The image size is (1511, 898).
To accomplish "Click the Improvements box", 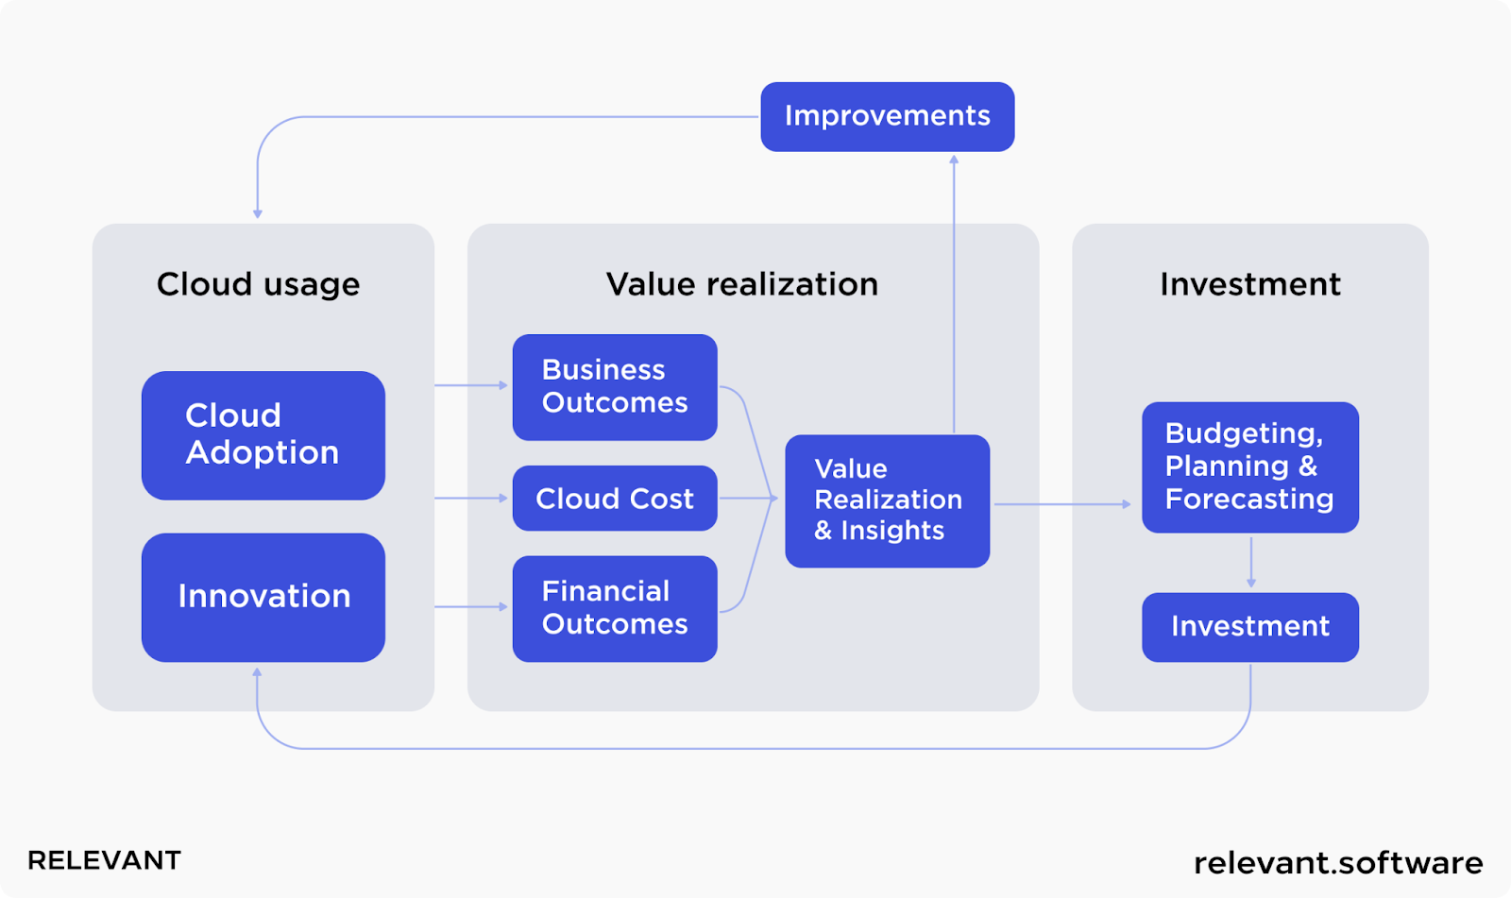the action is pyautogui.click(x=887, y=117).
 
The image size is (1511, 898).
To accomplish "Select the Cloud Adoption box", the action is pyautogui.click(x=263, y=435).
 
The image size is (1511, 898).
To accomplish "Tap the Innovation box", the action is pyautogui.click(x=263, y=597).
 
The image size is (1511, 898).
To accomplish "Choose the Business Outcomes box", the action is pyautogui.click(x=615, y=387).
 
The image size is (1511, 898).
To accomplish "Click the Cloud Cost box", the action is pyautogui.click(x=615, y=498).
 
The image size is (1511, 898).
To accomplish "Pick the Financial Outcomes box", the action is pyautogui.click(x=615, y=608).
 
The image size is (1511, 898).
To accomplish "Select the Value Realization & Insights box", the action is pyautogui.click(x=887, y=500).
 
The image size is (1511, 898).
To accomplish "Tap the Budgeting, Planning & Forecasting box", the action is pyautogui.click(x=1250, y=466).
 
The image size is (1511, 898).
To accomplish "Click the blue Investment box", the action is pyautogui.click(x=1250, y=627).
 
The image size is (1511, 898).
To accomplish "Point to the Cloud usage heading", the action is pyautogui.click(x=259, y=284).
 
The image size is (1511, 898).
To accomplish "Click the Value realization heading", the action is pyautogui.click(x=742, y=284).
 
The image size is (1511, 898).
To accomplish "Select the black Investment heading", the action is pyautogui.click(x=1250, y=284).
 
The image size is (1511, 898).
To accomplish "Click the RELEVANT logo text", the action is pyautogui.click(x=104, y=860).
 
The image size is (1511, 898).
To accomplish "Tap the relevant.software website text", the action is pyautogui.click(x=1338, y=863).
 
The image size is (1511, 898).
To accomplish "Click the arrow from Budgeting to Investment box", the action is pyautogui.click(x=1251, y=562).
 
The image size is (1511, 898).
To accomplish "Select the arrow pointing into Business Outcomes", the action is pyautogui.click(x=471, y=385).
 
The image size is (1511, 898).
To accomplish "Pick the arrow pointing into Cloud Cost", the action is pyautogui.click(x=471, y=498).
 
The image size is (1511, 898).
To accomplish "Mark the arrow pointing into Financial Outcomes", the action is pyautogui.click(x=471, y=606).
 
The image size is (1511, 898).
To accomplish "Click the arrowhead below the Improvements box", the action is pyautogui.click(x=954, y=160).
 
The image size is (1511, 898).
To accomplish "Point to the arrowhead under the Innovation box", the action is pyautogui.click(x=257, y=672).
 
